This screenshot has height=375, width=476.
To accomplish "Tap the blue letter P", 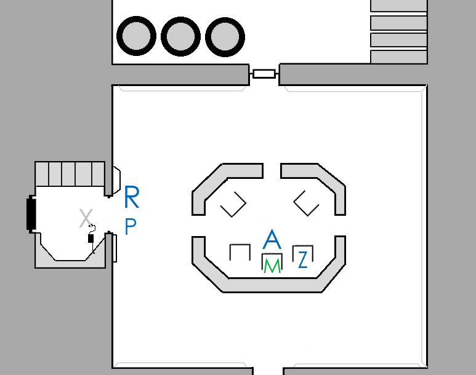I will point(131,227).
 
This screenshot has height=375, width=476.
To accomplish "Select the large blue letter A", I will point(272,240).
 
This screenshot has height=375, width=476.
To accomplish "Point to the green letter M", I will point(272,266).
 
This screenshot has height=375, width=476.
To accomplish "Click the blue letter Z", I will point(302,260).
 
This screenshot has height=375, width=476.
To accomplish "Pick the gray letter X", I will point(86,217).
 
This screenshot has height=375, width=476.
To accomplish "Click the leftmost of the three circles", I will point(135,36).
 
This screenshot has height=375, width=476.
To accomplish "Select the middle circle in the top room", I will point(180,36).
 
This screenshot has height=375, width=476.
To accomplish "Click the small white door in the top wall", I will point(264,74).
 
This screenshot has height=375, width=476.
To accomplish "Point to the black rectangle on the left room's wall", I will point(31,213).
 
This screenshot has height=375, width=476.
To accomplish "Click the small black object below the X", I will point(91,239).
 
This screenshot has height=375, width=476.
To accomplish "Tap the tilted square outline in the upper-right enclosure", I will point(306,203).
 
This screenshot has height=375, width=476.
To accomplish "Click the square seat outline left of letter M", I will point(240,252).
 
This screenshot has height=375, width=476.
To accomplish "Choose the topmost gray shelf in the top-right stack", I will point(398,6).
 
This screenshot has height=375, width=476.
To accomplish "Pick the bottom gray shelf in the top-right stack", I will point(398,57).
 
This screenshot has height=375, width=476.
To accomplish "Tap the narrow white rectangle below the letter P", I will point(115,247).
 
